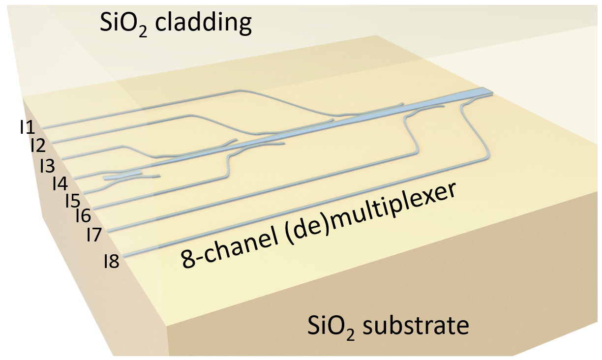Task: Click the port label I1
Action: (x=27, y=128)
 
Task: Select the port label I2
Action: (x=37, y=145)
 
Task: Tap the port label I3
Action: (x=47, y=165)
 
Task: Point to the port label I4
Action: (x=60, y=183)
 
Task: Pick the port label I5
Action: (x=72, y=200)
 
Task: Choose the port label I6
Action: (x=83, y=215)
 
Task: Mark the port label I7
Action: (x=93, y=235)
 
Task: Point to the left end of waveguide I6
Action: (x=94, y=209)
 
